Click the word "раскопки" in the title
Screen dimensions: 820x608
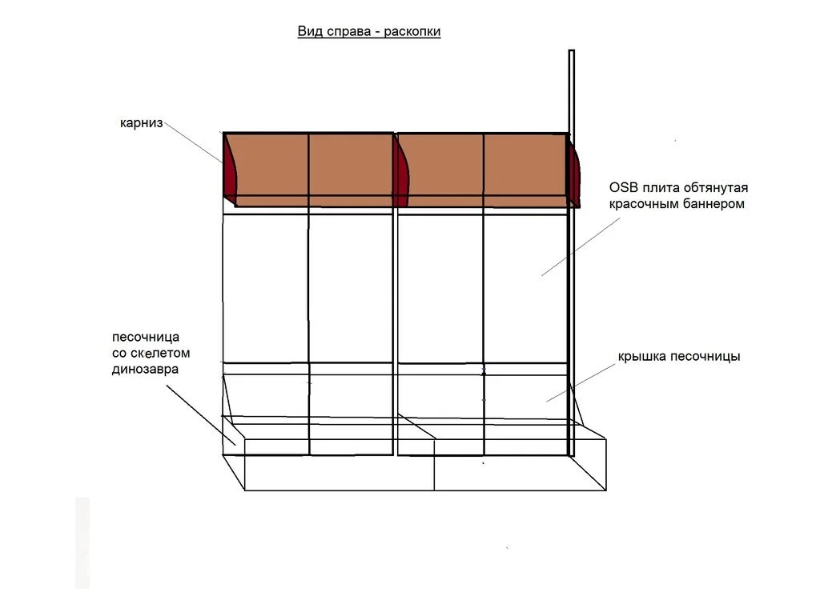(412, 32)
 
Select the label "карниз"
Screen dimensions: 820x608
(142, 124)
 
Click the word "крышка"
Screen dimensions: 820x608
(642, 357)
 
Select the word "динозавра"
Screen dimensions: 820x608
(146, 370)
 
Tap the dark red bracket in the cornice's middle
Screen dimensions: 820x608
(402, 171)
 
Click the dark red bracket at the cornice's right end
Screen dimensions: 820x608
(574, 172)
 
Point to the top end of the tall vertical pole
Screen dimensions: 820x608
(572, 50)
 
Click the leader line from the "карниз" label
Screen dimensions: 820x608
(193, 142)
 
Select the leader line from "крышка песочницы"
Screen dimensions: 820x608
(581, 383)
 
